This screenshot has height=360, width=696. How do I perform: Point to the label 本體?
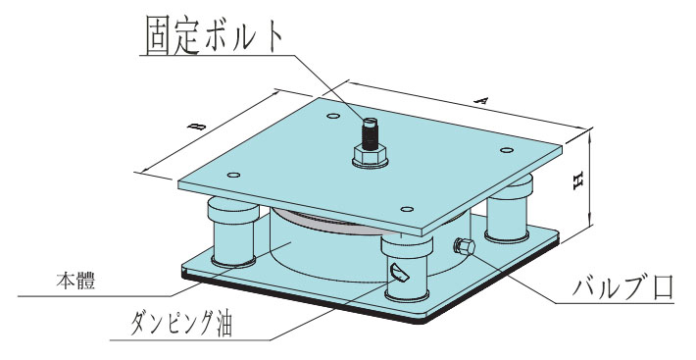click(75, 282)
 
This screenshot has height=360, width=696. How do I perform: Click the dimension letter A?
click(481, 100)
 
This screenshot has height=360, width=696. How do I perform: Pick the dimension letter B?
click(200, 127)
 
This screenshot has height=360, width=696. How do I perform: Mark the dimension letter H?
click(577, 181)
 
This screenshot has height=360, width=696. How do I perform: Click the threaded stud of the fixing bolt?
click(370, 132)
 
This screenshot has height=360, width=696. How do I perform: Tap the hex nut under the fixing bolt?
click(371, 155)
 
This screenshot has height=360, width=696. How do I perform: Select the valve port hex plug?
click(464, 246)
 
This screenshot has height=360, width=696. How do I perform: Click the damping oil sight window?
click(399, 272)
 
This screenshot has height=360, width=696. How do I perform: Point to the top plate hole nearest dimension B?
click(233, 175)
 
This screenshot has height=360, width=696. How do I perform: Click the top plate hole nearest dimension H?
click(507, 150)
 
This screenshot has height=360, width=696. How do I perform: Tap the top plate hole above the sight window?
click(407, 209)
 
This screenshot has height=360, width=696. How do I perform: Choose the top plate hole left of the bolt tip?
click(333, 117)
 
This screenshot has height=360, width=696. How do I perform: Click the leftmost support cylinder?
click(232, 233)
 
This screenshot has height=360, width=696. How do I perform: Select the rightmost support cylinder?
click(507, 208)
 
